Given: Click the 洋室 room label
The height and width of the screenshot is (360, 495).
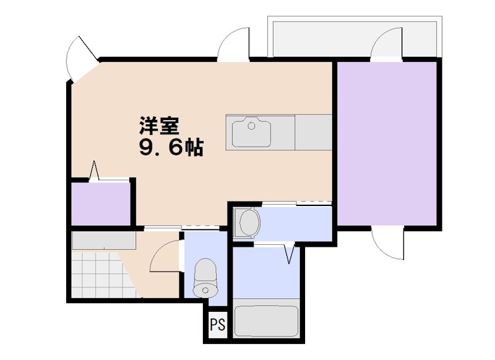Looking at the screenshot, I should point(159,126).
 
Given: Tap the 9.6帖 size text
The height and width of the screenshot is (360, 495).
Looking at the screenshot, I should point(171,148).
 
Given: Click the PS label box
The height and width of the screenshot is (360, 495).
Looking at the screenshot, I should point(217,325).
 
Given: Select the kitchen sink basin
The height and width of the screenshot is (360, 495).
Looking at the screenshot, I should point(252,132).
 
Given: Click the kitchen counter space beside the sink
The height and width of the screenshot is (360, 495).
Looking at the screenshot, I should point(314,132).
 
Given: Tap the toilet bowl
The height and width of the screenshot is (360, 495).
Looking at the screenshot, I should point(205,278).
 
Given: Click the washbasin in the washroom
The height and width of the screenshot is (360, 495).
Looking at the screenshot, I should point(248,222).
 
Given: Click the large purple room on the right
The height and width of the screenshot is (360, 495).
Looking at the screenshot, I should point(388,144).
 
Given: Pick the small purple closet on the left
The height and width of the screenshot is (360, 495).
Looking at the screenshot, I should point(100,204).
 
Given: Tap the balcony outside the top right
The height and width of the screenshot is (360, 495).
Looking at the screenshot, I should point(353,37).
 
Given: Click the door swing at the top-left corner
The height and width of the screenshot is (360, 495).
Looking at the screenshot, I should point(80,57).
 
